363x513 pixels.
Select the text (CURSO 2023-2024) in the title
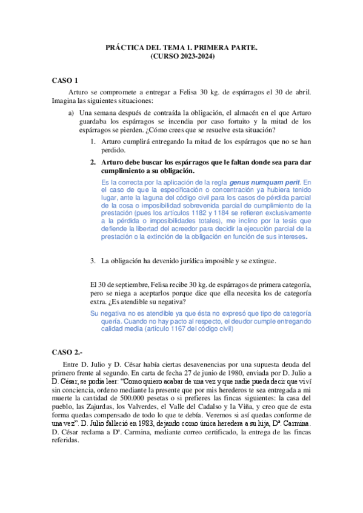182,56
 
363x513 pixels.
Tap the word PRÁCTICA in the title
125,47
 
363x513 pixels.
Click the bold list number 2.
93,163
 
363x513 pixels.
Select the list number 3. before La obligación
93,261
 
